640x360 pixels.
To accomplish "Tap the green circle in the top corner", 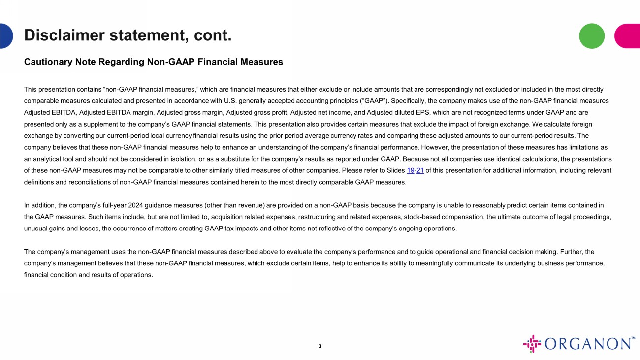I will click(591, 36).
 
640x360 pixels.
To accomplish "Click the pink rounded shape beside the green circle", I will click(628, 36).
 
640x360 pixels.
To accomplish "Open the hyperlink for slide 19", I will click(411, 170).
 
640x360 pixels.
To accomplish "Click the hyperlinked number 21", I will click(420, 170).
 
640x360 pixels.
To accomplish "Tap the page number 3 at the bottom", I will click(320, 346).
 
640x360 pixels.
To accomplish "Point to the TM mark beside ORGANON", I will click(633, 338).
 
